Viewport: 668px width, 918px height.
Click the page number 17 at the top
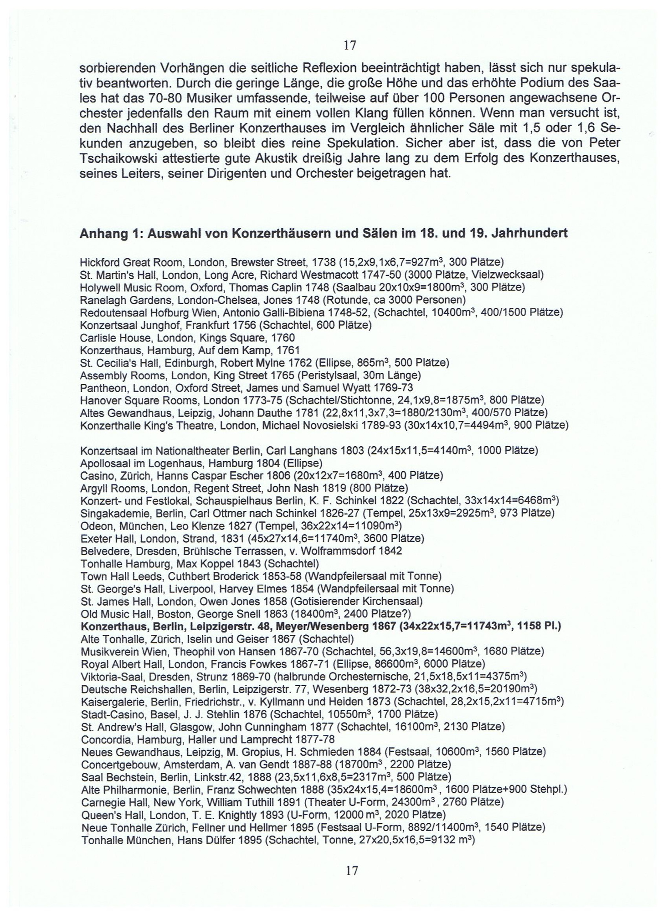[x=349, y=45]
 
